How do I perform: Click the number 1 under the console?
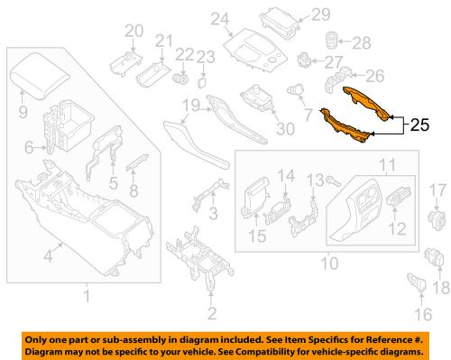(87, 297)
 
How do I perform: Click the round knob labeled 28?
(331, 41)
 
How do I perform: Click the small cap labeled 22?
(183, 78)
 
